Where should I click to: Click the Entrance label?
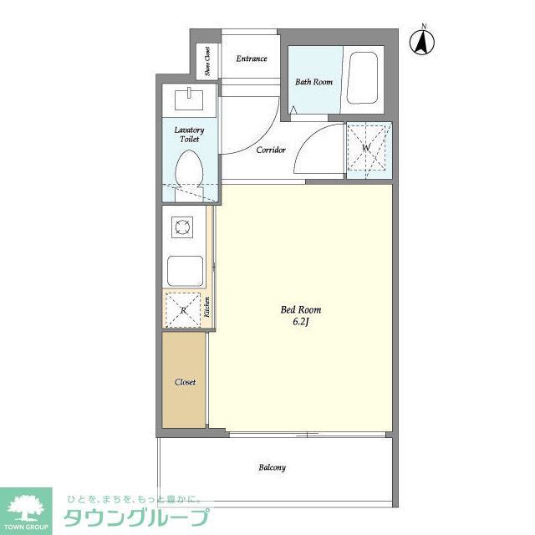[252, 59]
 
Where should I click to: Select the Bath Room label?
[314, 82]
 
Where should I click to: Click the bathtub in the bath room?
[363, 79]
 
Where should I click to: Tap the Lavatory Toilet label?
[189, 135]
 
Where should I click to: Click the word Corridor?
[271, 150]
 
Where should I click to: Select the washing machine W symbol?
[368, 149]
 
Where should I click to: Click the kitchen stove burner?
[182, 225]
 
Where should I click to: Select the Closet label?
[185, 382]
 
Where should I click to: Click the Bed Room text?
[300, 309]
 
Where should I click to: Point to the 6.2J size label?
[300, 322]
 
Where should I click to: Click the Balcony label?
[272, 467]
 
